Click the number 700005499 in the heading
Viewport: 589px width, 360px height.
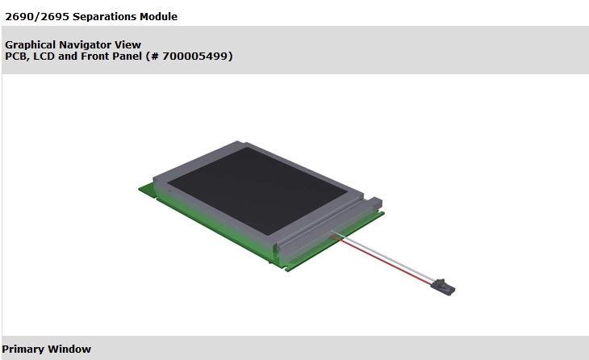(197, 56)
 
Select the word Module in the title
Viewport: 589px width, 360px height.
(157, 16)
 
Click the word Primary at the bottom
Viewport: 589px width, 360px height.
(23, 349)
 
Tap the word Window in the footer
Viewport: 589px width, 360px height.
(69, 349)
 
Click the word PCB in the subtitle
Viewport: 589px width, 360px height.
(17, 56)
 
